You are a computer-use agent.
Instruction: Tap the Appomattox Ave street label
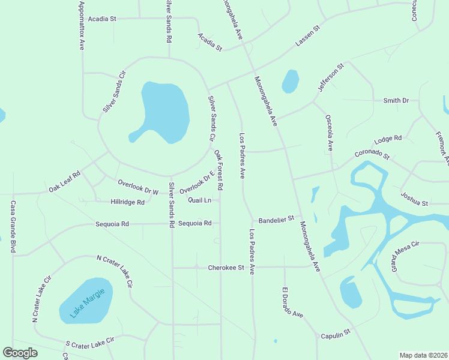(x=82, y=25)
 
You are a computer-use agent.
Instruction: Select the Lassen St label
(x=309, y=37)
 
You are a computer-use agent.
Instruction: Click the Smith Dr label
(x=396, y=101)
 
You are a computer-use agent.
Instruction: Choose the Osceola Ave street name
(x=329, y=133)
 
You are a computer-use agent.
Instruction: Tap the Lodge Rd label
(x=387, y=140)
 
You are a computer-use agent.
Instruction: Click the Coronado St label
(x=372, y=155)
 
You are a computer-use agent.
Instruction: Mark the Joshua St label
(x=414, y=199)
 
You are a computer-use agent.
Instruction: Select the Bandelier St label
(x=276, y=220)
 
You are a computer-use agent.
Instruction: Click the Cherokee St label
(x=226, y=267)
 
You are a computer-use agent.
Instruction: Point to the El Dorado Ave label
(x=292, y=302)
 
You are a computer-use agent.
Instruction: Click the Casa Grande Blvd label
(x=12, y=226)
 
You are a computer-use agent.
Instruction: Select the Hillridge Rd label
(x=127, y=202)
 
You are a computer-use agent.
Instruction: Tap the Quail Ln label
(x=199, y=200)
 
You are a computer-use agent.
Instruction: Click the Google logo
(x=20, y=353)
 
